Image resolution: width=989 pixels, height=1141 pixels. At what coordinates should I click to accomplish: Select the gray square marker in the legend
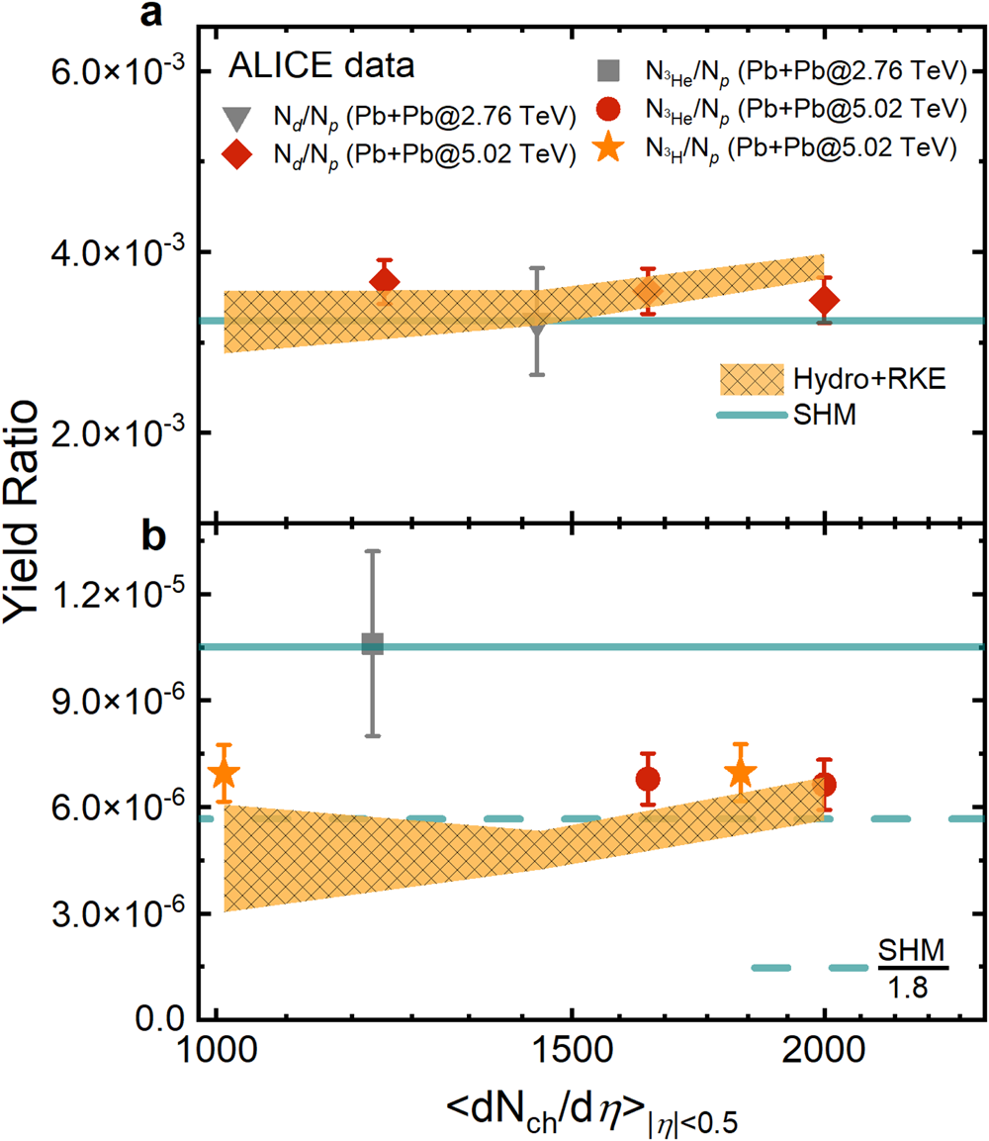(x=610, y=70)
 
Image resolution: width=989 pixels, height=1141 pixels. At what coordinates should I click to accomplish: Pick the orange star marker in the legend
(x=610, y=148)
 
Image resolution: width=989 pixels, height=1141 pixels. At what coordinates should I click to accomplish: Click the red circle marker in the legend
(x=610, y=109)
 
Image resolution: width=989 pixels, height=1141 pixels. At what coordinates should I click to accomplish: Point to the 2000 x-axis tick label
(x=824, y=1050)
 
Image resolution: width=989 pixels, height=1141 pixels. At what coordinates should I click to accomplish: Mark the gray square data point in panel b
(x=372, y=644)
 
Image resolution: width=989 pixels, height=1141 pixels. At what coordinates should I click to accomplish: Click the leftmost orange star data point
(x=225, y=774)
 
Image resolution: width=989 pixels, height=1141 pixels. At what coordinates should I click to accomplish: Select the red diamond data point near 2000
(x=824, y=300)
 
